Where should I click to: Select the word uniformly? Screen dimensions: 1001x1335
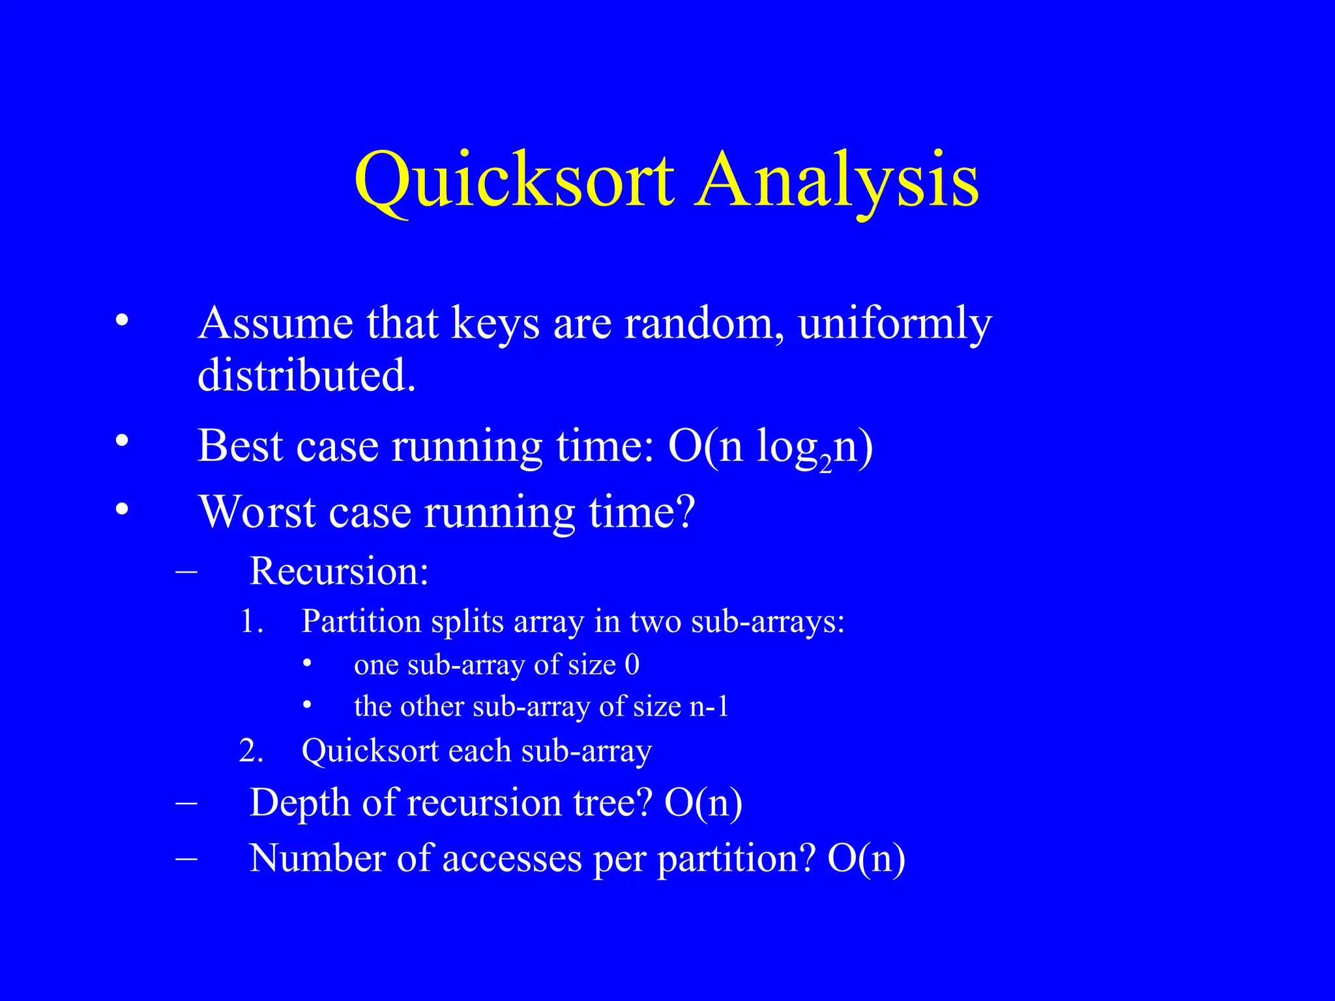(x=894, y=324)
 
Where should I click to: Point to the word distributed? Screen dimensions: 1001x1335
(x=306, y=376)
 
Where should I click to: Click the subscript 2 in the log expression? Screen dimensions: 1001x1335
(x=825, y=464)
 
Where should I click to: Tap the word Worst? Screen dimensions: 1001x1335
(x=257, y=512)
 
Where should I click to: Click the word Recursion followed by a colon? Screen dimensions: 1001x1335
(x=338, y=571)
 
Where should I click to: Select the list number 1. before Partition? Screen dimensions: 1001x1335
(x=252, y=621)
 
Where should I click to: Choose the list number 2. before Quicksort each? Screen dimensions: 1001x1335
(x=251, y=751)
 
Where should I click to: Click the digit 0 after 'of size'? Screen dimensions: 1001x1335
(x=632, y=665)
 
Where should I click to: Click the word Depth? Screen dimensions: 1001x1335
(x=300, y=803)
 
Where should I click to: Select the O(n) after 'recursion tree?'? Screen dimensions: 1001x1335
(x=703, y=803)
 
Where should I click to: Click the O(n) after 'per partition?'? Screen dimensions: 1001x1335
(x=866, y=859)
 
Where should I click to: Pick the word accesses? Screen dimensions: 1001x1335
(x=512, y=859)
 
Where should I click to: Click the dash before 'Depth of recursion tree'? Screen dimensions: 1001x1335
(x=186, y=802)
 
